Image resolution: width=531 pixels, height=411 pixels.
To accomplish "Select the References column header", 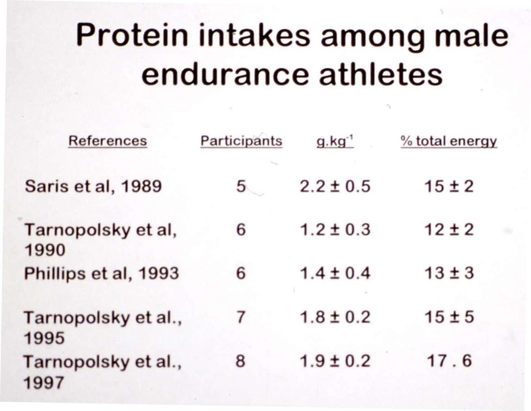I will click(x=107, y=141).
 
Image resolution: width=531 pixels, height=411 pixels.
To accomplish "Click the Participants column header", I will click(x=241, y=141).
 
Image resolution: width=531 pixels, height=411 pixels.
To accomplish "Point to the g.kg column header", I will click(x=335, y=141).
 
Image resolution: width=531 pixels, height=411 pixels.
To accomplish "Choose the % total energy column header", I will click(x=448, y=141).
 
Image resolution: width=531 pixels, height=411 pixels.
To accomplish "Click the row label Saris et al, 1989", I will click(x=93, y=186).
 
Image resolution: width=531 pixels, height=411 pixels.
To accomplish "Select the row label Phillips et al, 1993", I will click(x=101, y=273).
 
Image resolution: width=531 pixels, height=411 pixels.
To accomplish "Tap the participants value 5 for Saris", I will click(x=241, y=186).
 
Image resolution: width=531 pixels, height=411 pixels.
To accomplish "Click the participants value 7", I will click(x=241, y=317).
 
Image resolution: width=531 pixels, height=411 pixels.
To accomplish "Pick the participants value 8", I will click(x=240, y=360).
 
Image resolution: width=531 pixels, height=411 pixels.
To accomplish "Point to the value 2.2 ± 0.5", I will click(x=335, y=186).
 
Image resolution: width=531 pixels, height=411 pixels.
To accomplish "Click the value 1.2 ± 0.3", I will click(x=335, y=230).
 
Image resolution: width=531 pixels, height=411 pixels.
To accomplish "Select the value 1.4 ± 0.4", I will click(x=335, y=273).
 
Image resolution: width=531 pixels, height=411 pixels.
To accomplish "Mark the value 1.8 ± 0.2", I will click(x=335, y=317).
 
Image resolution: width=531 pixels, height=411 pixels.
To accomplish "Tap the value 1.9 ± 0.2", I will click(x=335, y=360).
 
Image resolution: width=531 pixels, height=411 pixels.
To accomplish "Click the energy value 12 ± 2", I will click(x=449, y=230).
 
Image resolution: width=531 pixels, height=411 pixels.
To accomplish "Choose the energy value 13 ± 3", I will click(x=449, y=273).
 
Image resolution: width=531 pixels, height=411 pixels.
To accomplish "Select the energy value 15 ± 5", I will click(x=449, y=317).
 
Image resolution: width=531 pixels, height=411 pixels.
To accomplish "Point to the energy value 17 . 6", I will click(x=449, y=360).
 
